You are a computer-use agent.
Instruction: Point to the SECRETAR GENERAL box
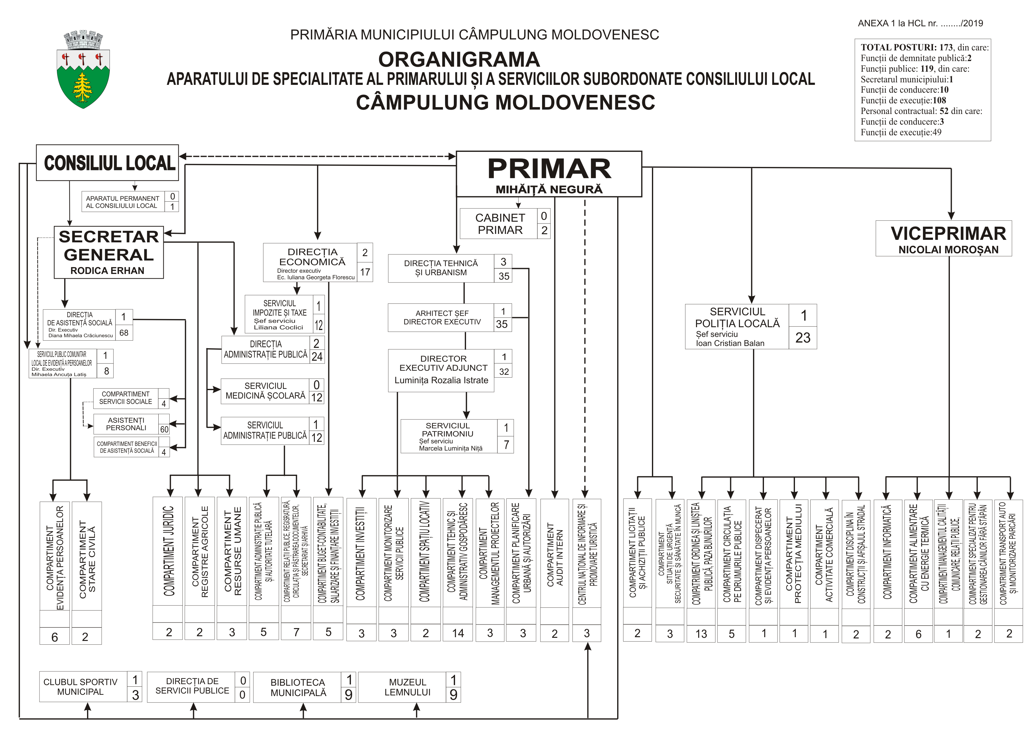click(x=109, y=252)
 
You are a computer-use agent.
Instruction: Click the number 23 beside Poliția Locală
click(x=802, y=337)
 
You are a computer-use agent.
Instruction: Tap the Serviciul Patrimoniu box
click(x=448, y=436)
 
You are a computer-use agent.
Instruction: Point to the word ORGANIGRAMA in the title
click(x=459, y=59)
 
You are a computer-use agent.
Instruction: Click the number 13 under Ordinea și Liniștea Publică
click(x=701, y=633)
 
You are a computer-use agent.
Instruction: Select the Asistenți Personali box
click(x=126, y=424)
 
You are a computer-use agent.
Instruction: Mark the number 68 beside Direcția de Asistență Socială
click(x=124, y=333)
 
